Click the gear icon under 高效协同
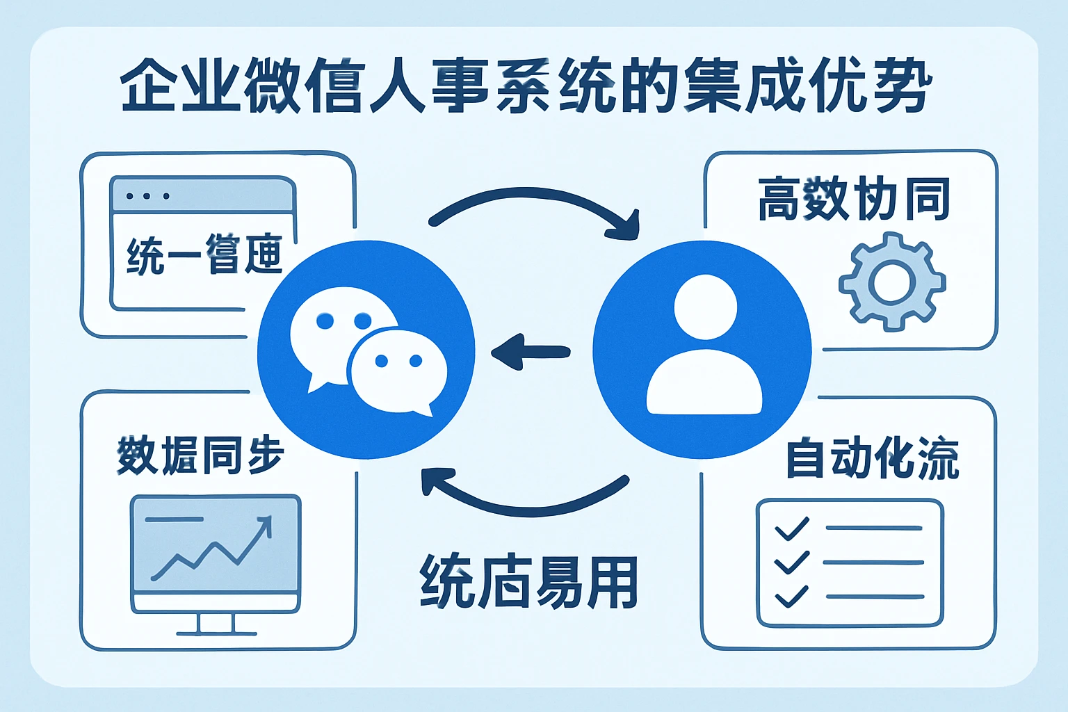tap(891, 282)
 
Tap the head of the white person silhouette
tap(705, 307)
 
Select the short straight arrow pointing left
tap(531, 351)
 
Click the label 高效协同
tap(854, 199)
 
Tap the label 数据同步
tap(200, 455)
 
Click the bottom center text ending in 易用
tap(528, 583)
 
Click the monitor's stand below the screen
tap(216, 624)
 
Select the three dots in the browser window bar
tap(147, 196)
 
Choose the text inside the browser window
tap(204, 255)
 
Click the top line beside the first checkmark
tap(873, 528)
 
